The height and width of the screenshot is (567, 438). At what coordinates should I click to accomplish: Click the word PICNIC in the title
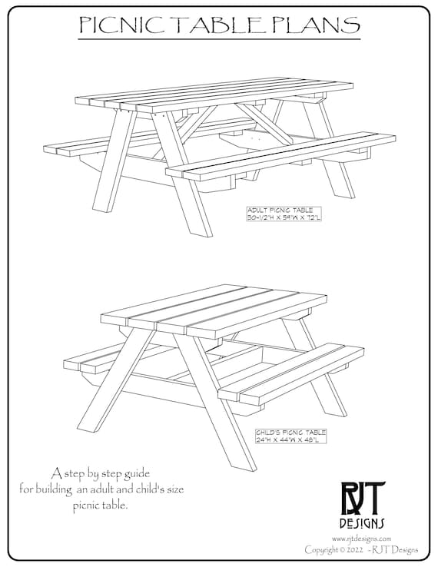(122, 25)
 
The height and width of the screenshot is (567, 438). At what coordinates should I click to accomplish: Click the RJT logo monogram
(365, 498)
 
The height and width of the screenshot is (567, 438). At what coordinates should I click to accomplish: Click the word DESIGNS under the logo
(365, 523)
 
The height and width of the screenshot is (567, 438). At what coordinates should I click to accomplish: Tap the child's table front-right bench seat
(292, 373)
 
